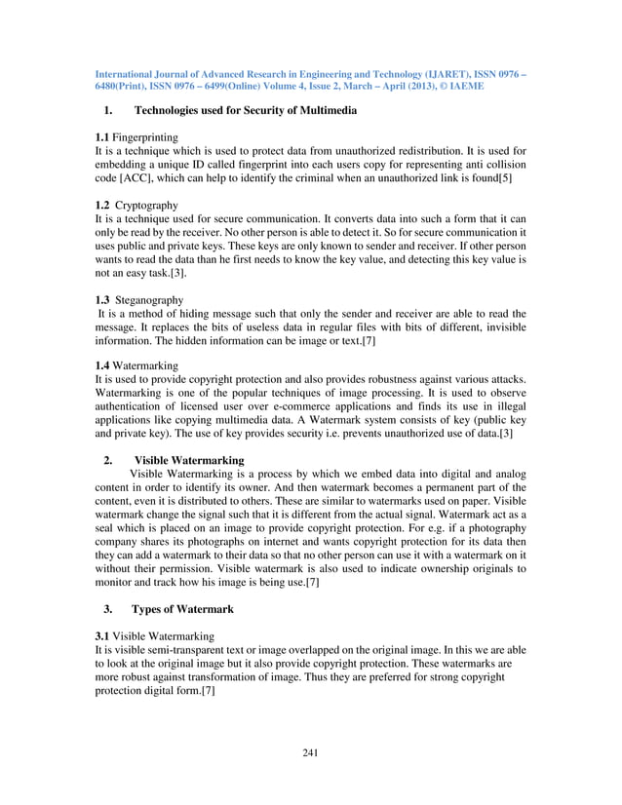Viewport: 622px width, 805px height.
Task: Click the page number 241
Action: [x=310, y=751]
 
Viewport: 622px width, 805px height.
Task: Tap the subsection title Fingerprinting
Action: [x=144, y=138]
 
